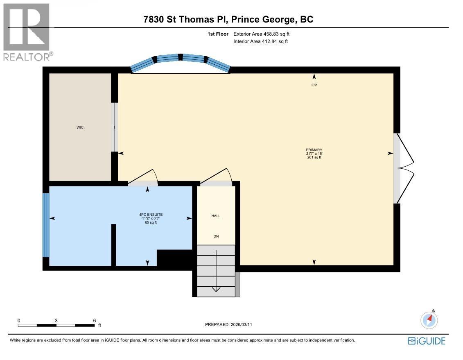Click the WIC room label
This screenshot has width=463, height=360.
click(80, 127)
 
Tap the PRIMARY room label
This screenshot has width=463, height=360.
click(314, 150)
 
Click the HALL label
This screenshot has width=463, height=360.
click(216, 216)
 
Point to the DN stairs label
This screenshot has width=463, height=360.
click(216, 236)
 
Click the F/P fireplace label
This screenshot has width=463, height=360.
click(314, 85)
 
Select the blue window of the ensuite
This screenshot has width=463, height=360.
click(46, 224)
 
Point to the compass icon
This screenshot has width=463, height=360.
click(429, 320)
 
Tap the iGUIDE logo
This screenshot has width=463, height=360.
click(426, 341)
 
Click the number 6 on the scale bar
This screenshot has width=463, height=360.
click(94, 321)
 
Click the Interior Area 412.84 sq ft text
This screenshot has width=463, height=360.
click(261, 41)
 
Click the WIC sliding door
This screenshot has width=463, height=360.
click(115, 127)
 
